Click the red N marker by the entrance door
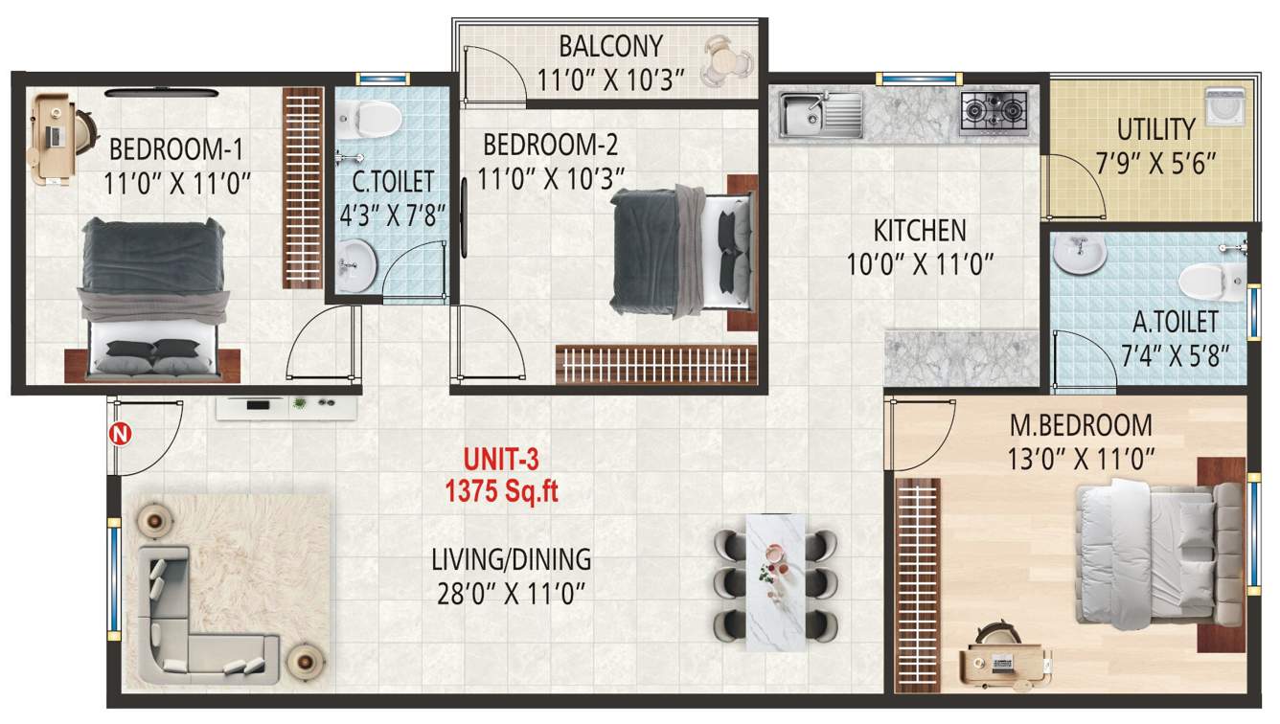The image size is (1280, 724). pyautogui.click(x=123, y=435)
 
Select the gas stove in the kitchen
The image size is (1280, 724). pyautogui.click(x=993, y=112)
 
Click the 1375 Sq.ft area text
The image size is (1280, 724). pyautogui.click(x=501, y=491)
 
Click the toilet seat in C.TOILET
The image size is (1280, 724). pyautogui.click(x=376, y=117)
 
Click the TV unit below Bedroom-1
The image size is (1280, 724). pyautogui.click(x=286, y=407)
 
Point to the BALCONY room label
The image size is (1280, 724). pyautogui.click(x=610, y=46)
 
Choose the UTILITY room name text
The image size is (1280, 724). pyautogui.click(x=1155, y=129)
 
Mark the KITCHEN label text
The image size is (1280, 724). pyautogui.click(x=919, y=231)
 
